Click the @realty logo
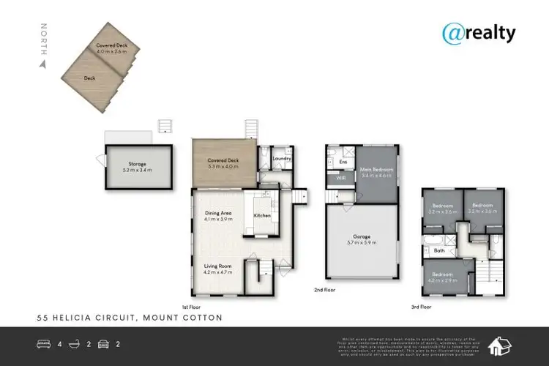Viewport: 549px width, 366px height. point(479,33)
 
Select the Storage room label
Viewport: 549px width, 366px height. point(137,164)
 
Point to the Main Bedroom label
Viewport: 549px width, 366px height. point(378,170)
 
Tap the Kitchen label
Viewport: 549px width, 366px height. point(263,216)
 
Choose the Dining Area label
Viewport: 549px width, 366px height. point(218,214)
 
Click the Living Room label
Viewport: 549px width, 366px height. point(217,266)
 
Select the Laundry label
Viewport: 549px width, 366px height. point(283,159)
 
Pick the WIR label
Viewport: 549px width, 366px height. point(340,178)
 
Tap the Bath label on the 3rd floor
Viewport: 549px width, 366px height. point(439,251)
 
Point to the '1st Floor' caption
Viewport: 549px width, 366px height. point(190,306)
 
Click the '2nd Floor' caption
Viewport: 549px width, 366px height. point(324,290)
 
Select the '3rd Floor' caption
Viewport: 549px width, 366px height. point(422,306)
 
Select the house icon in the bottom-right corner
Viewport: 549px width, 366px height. point(500,344)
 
